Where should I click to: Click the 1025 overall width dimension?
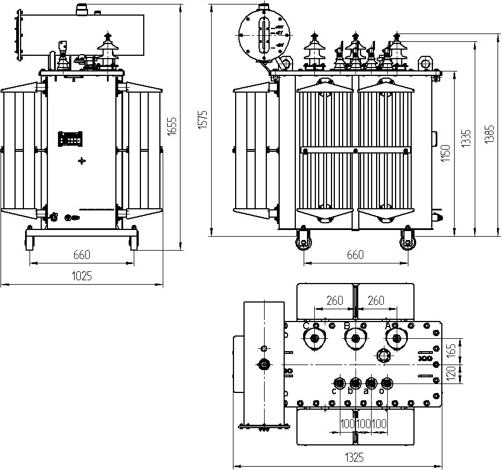(81, 276)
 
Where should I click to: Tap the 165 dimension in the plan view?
(452, 350)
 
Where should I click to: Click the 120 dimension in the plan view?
(452, 372)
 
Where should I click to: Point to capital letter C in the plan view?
(305, 325)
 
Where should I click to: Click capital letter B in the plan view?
(347, 325)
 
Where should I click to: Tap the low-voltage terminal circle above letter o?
(386, 382)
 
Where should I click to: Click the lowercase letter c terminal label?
(334, 391)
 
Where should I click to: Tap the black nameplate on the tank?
(71, 138)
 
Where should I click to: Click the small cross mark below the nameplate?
(82, 161)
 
